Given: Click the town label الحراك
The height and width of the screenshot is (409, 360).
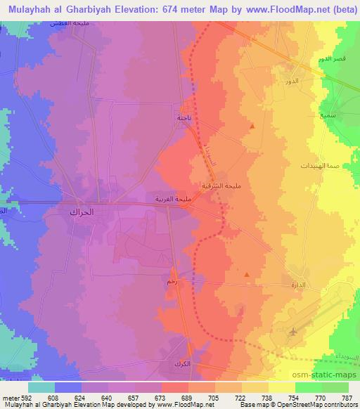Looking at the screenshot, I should click(x=82, y=211).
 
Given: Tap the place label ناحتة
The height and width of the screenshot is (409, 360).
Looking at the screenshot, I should click(x=184, y=118).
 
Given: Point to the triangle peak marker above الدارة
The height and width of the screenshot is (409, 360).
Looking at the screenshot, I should click(x=245, y=275).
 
